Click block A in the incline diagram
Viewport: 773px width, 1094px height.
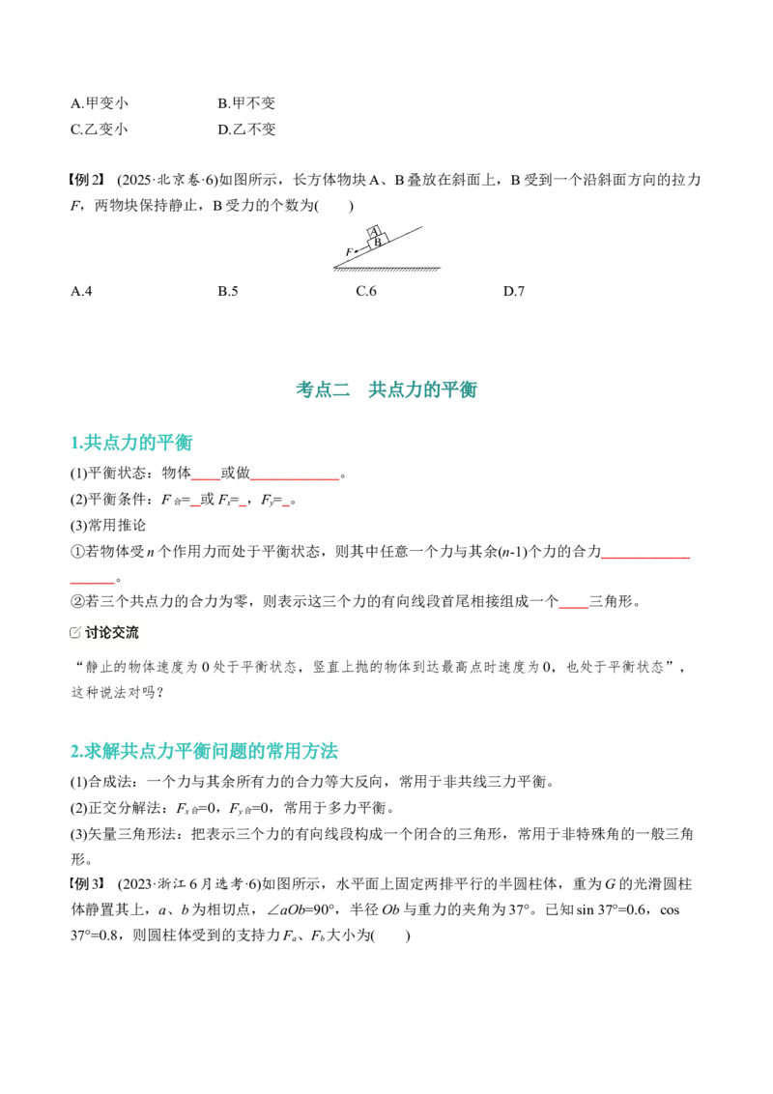pos(375,232)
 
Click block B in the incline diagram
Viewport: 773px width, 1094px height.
pos(378,243)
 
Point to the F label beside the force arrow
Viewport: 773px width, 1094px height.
pos(349,252)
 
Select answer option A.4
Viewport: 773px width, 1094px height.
pos(81,291)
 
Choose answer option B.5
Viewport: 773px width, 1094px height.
pos(227,291)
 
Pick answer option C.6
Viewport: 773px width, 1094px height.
pos(365,291)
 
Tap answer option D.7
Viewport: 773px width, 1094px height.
pos(513,291)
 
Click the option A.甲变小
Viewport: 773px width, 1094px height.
pos(100,103)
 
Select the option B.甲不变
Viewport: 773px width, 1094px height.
pos(246,103)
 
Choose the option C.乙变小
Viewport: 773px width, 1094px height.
pos(100,130)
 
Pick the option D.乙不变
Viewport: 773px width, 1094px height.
pos(246,130)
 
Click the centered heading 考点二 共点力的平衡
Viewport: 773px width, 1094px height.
pos(386,389)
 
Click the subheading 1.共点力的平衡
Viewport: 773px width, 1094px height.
pos(131,443)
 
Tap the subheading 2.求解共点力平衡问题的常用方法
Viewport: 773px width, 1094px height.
pos(204,751)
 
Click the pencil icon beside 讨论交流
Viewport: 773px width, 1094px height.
pos(75,633)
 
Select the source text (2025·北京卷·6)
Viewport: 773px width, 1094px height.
pos(167,180)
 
